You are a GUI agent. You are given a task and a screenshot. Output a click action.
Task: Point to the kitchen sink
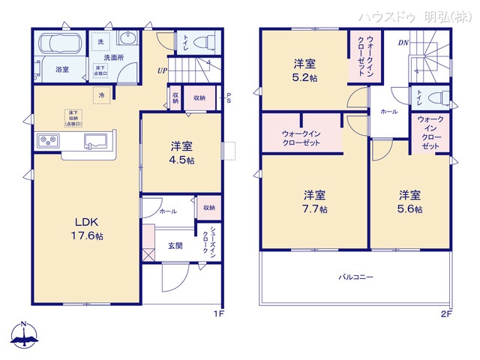(x=97, y=140)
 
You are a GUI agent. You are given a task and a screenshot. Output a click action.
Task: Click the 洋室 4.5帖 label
(x=181, y=153)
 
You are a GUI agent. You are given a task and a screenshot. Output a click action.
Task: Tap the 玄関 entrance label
(x=175, y=244)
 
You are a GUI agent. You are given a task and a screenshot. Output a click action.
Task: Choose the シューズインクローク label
(x=208, y=241)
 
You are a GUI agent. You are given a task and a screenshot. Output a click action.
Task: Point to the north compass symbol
(x=25, y=335)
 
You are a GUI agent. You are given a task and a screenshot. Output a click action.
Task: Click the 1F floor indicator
(x=219, y=314)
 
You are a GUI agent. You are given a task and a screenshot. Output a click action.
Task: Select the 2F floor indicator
(x=446, y=314)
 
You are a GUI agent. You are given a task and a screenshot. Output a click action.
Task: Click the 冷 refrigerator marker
(x=100, y=95)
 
